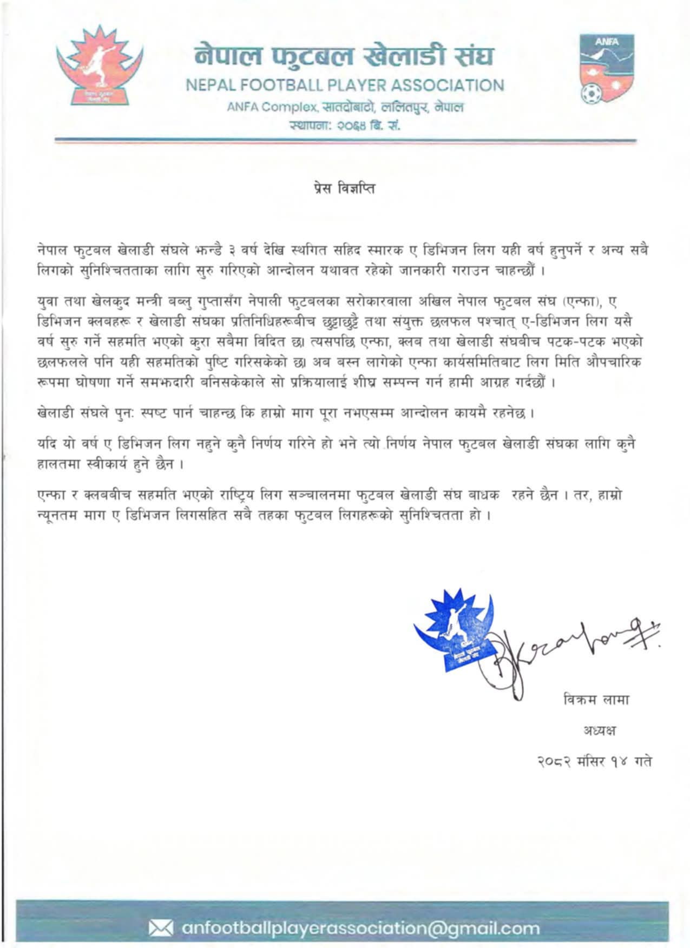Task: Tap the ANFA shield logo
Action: click(x=607, y=69)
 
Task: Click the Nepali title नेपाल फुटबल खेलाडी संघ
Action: click(x=345, y=56)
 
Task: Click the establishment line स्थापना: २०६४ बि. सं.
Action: click(x=344, y=126)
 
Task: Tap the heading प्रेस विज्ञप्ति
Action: click(x=344, y=189)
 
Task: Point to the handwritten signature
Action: click(x=568, y=649)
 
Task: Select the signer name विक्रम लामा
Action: click(x=596, y=699)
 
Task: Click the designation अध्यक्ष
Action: click(x=599, y=730)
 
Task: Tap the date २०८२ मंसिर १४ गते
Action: click(x=594, y=761)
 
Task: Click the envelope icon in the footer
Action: click(x=161, y=928)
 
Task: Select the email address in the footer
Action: click(x=360, y=928)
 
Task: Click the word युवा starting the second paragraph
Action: click(x=48, y=302)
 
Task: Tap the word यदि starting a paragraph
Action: click(x=47, y=444)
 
